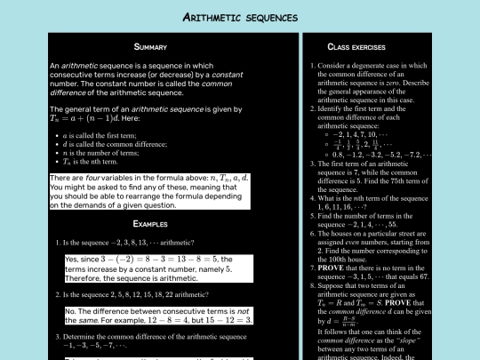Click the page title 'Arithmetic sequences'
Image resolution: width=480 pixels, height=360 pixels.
click(x=239, y=17)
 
